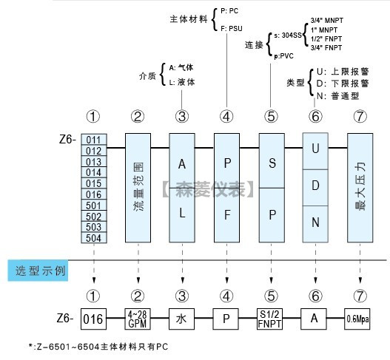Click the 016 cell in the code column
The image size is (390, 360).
point(94,194)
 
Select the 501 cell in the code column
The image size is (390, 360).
point(94,206)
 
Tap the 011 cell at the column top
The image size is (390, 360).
point(94,140)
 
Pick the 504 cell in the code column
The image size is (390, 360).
point(94,237)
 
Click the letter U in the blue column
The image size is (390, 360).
point(315,149)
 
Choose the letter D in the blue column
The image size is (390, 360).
point(315,186)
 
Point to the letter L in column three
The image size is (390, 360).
point(182,213)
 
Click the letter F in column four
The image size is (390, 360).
point(227,214)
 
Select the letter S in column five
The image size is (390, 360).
point(272,163)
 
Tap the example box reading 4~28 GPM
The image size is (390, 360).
point(138,319)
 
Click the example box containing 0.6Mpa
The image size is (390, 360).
point(357,319)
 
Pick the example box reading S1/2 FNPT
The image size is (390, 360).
point(269,319)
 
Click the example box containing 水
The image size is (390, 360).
point(181,319)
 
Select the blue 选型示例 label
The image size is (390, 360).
point(38,271)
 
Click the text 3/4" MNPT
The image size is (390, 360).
point(327,21)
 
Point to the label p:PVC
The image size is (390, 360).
point(283,56)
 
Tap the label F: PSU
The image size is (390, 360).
point(232,29)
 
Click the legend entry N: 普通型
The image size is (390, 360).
point(337,96)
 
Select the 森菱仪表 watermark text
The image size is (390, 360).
point(209,189)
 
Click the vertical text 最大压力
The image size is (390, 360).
point(360,187)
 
